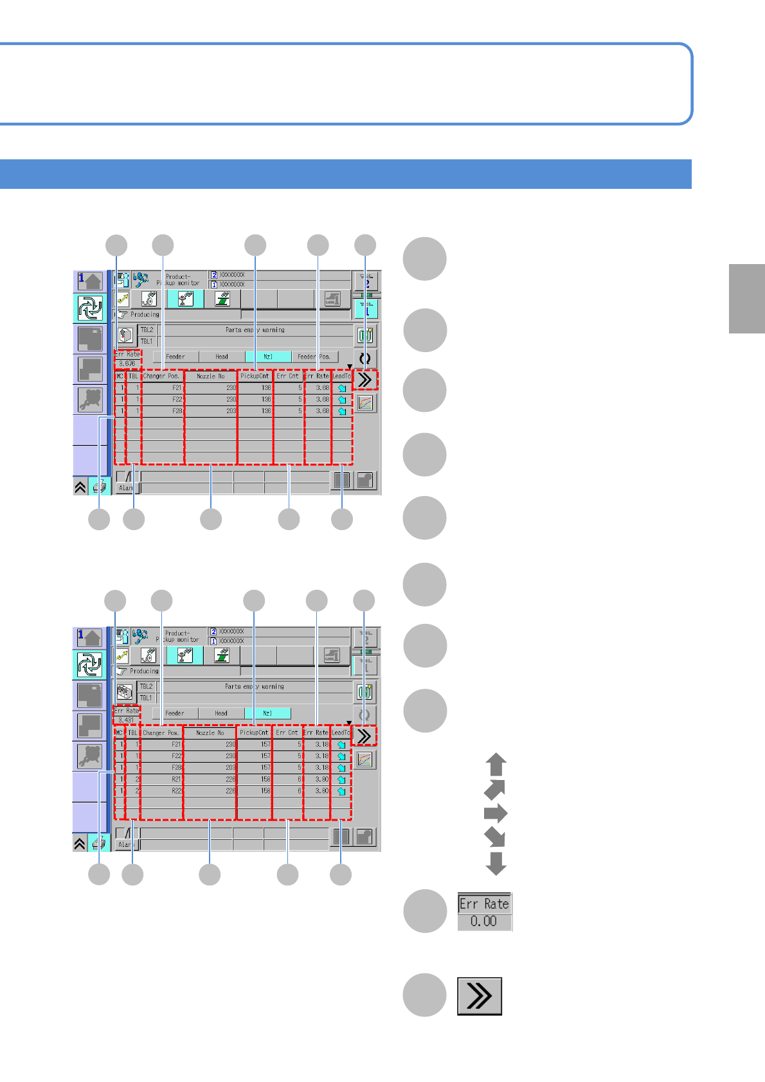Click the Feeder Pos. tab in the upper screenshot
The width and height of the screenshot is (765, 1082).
(x=314, y=357)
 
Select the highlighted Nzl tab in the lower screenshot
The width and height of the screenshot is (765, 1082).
(x=267, y=713)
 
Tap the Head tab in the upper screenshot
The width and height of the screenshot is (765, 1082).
(x=222, y=357)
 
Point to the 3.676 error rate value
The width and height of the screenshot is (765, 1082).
(x=127, y=364)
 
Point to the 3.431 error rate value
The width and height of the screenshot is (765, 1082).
(x=126, y=720)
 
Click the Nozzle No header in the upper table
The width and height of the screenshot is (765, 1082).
(x=211, y=377)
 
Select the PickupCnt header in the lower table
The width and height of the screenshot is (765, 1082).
(x=254, y=732)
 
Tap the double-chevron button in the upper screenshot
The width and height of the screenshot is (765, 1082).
(x=364, y=380)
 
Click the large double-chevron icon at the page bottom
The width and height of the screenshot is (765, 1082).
(x=480, y=997)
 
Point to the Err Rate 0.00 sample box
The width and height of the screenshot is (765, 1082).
(x=484, y=912)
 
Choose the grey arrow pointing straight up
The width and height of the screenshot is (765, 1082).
(x=496, y=765)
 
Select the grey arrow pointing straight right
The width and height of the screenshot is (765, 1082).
(x=496, y=813)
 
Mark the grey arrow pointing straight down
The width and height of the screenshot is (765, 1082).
(x=496, y=863)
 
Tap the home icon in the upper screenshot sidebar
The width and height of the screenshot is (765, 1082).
(x=90, y=281)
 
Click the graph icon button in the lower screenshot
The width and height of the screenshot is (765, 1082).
(x=364, y=760)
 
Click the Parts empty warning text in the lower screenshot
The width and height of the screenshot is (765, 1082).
(x=255, y=687)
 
